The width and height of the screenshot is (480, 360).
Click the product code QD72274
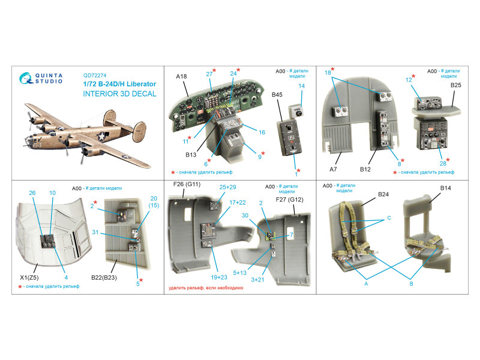tap(95, 76)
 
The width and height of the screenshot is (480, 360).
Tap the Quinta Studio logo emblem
tap(26, 78)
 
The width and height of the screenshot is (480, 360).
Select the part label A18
tap(181, 77)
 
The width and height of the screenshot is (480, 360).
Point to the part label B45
tap(277, 95)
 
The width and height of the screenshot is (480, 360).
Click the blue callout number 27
tap(209, 74)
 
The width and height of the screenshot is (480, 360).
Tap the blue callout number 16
tap(262, 132)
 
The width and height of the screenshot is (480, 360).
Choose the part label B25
tap(455, 85)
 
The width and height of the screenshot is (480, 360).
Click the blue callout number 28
tap(443, 163)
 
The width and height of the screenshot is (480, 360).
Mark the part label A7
tap(333, 169)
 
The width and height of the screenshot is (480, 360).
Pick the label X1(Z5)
tap(29, 278)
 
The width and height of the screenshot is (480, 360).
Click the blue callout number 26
tap(32, 193)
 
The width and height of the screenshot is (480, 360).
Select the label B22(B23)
tap(104, 278)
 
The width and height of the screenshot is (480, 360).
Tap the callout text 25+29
tap(227, 187)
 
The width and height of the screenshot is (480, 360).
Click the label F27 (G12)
tap(289, 200)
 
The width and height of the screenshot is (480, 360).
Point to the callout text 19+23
tap(219, 277)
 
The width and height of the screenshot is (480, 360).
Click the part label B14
tap(445, 188)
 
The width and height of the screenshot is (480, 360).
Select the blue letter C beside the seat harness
tap(389, 218)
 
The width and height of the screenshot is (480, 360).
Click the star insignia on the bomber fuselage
tap(101, 137)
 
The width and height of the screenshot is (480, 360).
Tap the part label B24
tap(383, 194)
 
